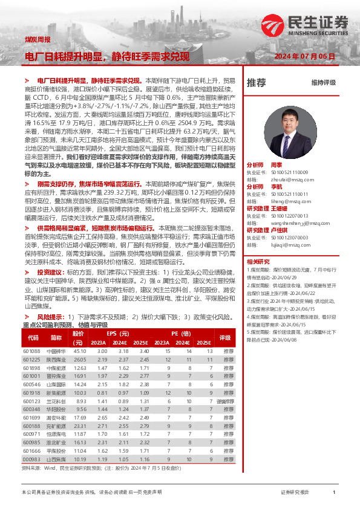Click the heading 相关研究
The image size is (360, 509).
tap(258, 261)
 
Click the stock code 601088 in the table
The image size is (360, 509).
tap(31, 351)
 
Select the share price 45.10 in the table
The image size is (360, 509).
tap(80, 351)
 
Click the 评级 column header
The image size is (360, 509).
tap(225, 338)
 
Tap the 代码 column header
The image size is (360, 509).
tap(31, 338)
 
